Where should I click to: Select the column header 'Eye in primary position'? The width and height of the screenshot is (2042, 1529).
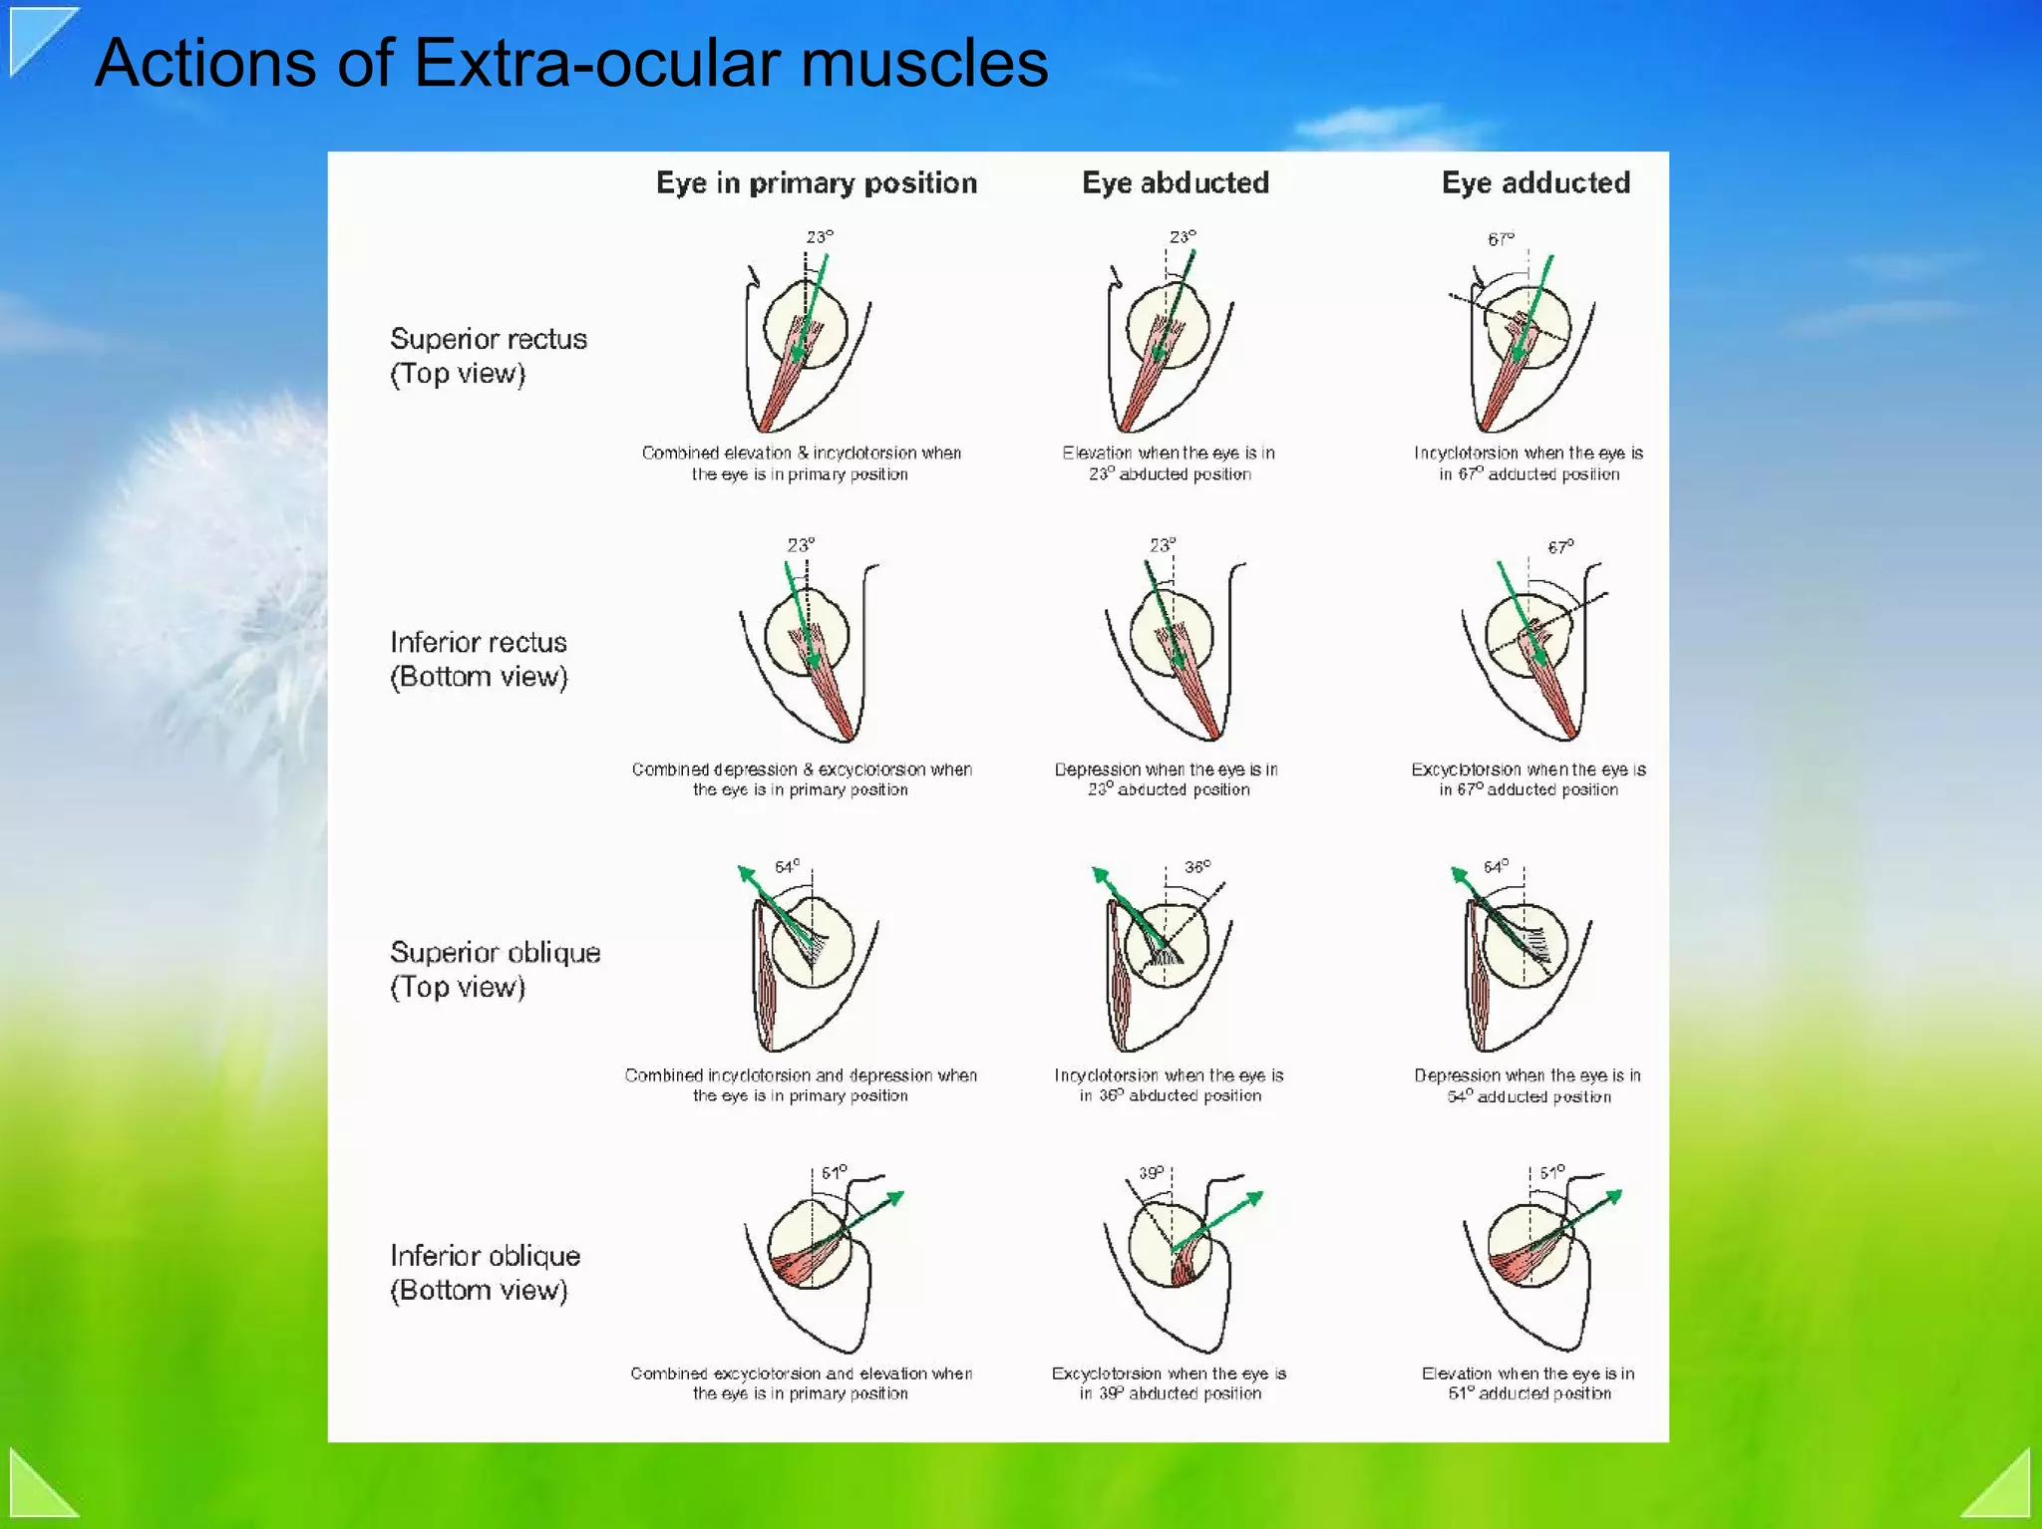point(816,183)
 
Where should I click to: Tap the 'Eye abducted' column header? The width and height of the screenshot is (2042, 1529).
point(1176,183)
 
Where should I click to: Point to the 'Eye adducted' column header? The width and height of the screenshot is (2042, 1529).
point(1535,183)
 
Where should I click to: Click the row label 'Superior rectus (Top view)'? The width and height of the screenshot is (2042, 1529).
point(488,356)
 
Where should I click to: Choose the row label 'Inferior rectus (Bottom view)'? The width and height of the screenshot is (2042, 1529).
point(479,659)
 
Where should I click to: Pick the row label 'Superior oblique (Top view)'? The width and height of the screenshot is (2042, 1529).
point(495,969)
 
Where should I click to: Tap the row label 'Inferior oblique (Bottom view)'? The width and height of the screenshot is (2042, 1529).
point(485,1272)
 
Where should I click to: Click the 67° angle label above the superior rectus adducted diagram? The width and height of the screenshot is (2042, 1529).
point(1501,239)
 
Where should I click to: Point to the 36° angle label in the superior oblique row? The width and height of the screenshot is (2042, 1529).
point(1197,866)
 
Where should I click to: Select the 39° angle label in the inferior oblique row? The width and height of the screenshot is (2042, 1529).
point(1152,1173)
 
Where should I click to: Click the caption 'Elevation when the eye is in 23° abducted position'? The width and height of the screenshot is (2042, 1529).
point(1169,463)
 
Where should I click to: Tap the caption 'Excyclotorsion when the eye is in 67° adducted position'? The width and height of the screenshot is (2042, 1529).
point(1528,779)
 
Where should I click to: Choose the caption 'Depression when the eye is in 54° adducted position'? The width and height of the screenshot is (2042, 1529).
point(1528,1085)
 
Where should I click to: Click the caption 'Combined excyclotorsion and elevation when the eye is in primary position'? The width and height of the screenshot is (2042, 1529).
point(801,1383)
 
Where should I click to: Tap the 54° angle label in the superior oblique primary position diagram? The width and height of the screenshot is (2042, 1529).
point(787,867)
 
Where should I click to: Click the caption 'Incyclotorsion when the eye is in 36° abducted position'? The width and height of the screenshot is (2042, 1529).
point(1169,1085)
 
